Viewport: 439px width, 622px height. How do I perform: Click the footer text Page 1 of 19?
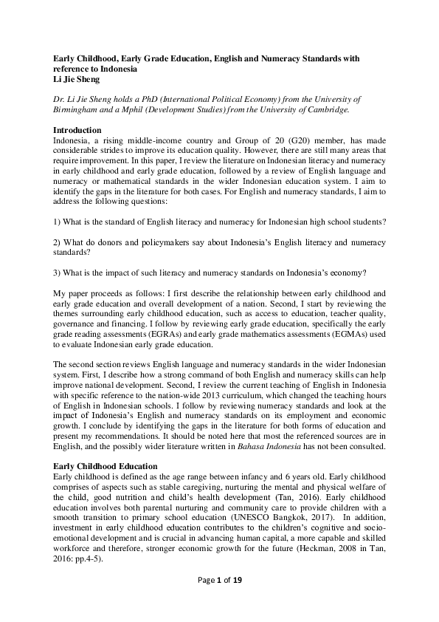219,601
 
